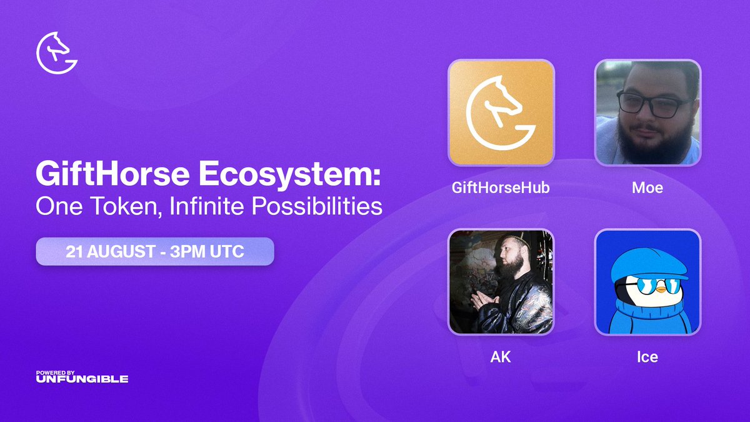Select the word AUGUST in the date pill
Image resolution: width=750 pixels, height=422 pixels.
pos(122,253)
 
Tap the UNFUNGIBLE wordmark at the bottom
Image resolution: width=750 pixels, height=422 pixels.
pos(82,379)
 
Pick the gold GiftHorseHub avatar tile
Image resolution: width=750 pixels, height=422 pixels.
pos(501,113)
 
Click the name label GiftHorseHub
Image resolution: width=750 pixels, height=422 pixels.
pos(501,188)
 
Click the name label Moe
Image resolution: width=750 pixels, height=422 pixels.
pos(647,188)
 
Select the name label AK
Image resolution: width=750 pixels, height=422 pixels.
pos(501,358)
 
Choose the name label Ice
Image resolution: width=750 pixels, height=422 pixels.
pos(647,358)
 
